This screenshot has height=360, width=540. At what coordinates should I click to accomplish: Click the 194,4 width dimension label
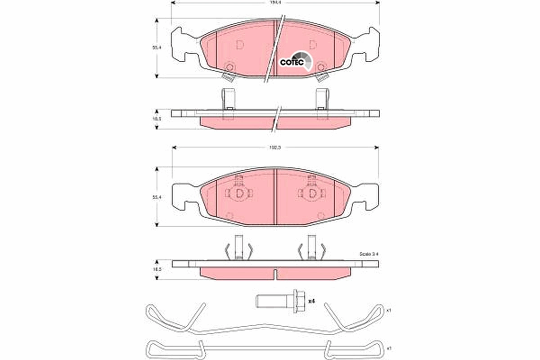275,3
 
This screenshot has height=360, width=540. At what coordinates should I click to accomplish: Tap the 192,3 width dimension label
275,147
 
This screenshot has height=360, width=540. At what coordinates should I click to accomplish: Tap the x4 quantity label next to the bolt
311,301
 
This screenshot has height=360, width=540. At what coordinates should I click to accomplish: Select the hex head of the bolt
297,301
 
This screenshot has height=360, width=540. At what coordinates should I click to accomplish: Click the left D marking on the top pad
239,45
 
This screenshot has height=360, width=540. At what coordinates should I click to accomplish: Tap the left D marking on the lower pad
240,193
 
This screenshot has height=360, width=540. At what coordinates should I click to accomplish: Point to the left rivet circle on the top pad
229,67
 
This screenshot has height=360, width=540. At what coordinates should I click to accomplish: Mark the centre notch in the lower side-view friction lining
275,273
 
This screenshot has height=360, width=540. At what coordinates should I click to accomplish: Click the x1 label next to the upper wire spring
389,310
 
